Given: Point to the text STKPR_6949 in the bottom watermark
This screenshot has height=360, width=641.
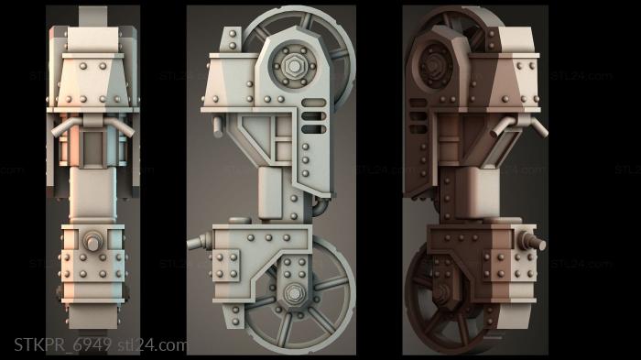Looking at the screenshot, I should click(x=62, y=345).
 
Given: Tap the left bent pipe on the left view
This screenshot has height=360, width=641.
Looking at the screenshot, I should click(x=60, y=131).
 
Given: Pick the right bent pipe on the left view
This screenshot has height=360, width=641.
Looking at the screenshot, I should click(x=127, y=131).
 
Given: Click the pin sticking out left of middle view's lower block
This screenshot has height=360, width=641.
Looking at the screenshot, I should click(x=198, y=243).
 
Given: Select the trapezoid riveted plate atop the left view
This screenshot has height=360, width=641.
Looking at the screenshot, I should click(x=93, y=73).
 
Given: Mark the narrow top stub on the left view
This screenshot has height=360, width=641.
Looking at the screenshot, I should click(x=93, y=16).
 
